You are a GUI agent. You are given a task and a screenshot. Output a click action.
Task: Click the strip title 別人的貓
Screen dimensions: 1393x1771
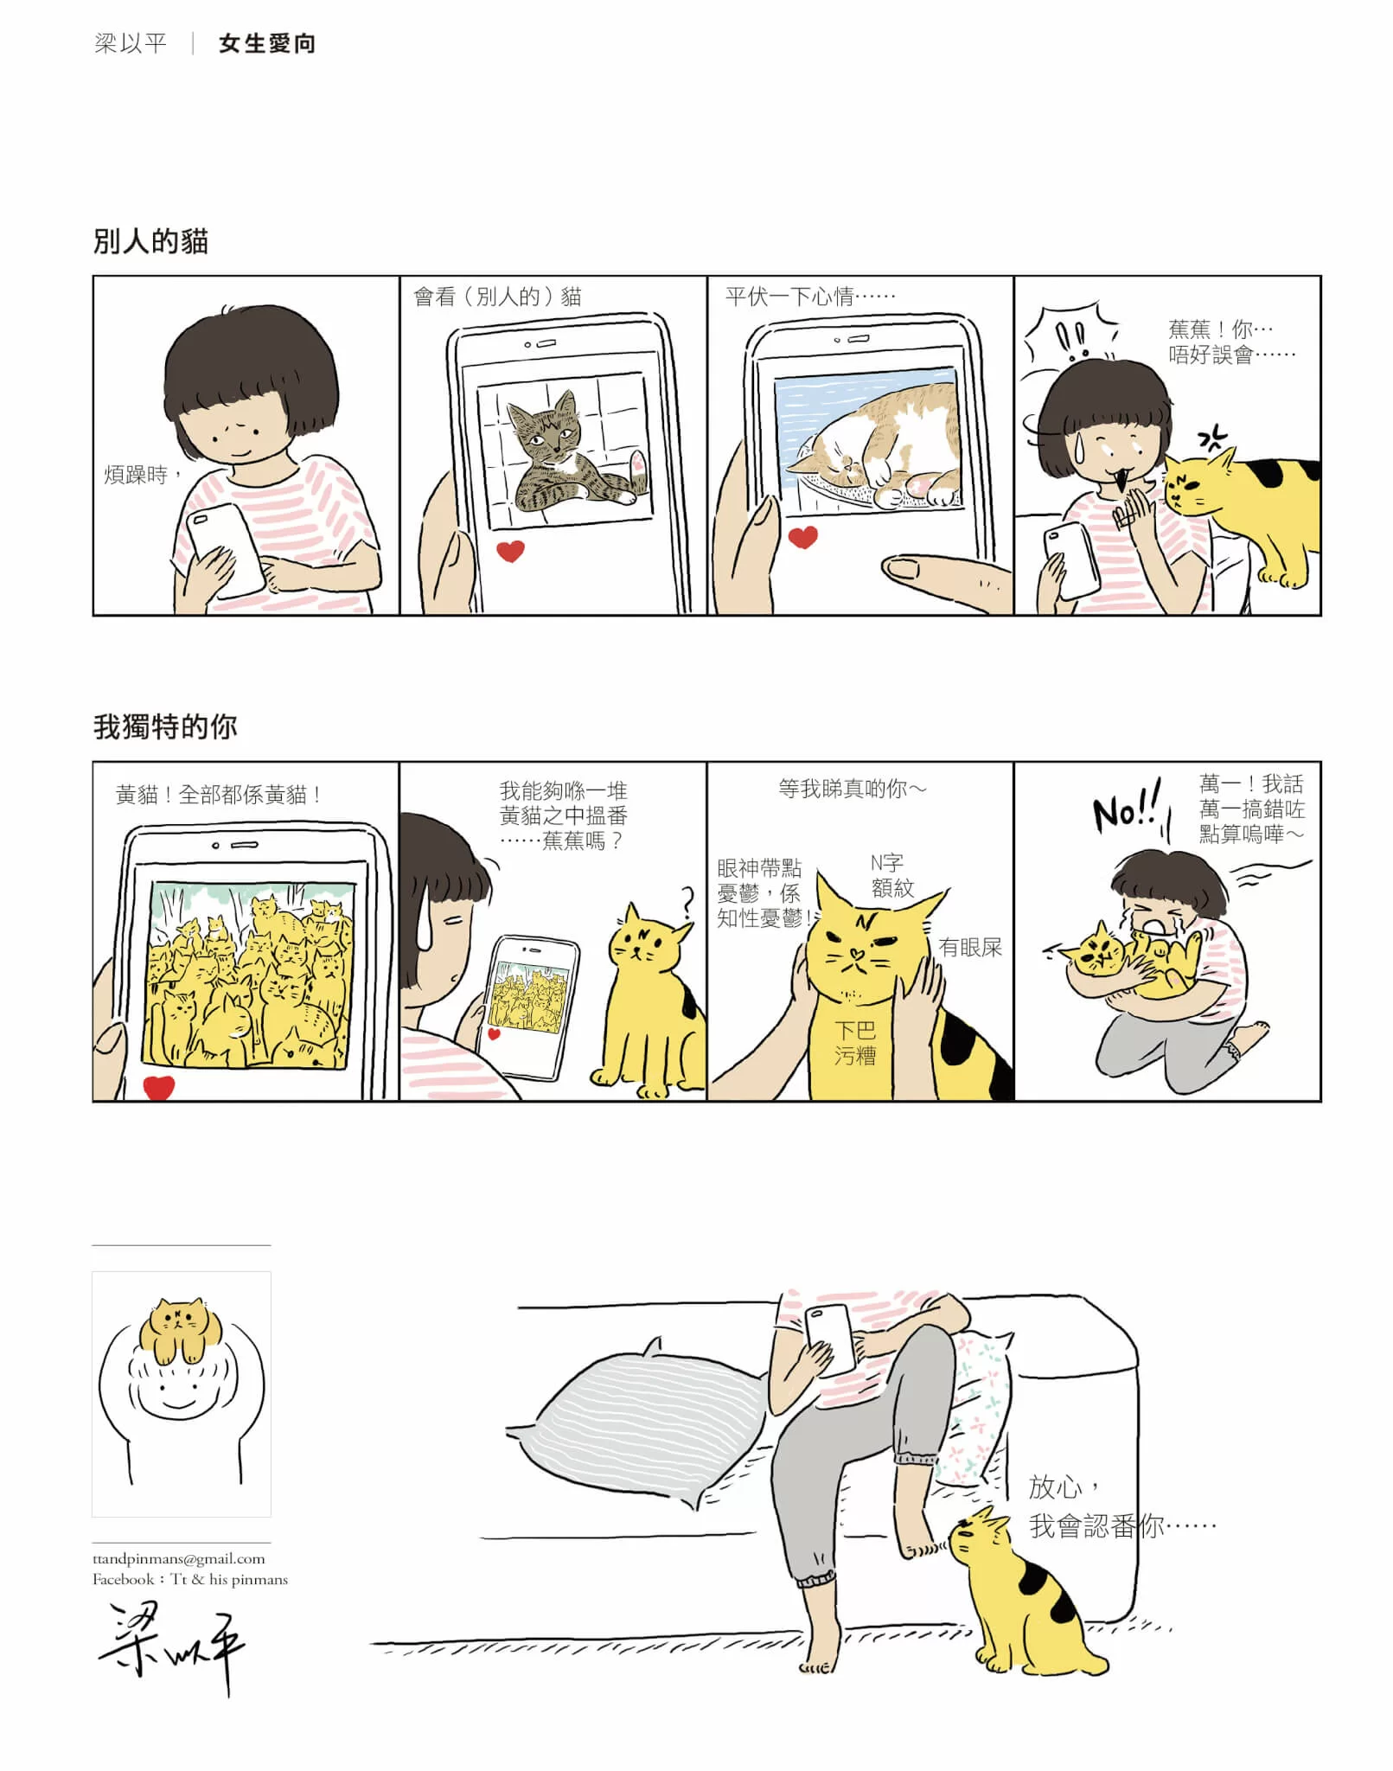[150, 241]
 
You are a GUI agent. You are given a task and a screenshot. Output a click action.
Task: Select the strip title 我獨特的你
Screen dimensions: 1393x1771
[165, 726]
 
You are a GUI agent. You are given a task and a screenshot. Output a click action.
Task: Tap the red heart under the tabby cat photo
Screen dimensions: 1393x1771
[510, 550]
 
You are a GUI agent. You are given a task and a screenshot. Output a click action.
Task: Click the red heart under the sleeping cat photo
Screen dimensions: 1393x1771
[803, 537]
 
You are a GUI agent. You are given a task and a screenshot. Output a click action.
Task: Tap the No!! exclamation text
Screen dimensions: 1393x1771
[1127, 809]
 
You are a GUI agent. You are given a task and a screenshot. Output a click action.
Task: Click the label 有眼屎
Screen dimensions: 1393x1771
[970, 948]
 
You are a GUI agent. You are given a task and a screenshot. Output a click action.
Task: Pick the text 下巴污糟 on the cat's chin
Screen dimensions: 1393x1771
[854, 1042]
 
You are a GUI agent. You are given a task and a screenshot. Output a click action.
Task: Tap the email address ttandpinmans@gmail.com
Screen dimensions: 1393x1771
[179, 1558]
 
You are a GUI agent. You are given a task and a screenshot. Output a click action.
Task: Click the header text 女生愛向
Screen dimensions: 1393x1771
[267, 43]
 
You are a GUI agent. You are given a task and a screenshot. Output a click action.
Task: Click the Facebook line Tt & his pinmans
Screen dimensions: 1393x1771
[190, 1579]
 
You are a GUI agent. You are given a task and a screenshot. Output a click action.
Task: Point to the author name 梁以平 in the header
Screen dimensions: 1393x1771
[130, 43]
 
